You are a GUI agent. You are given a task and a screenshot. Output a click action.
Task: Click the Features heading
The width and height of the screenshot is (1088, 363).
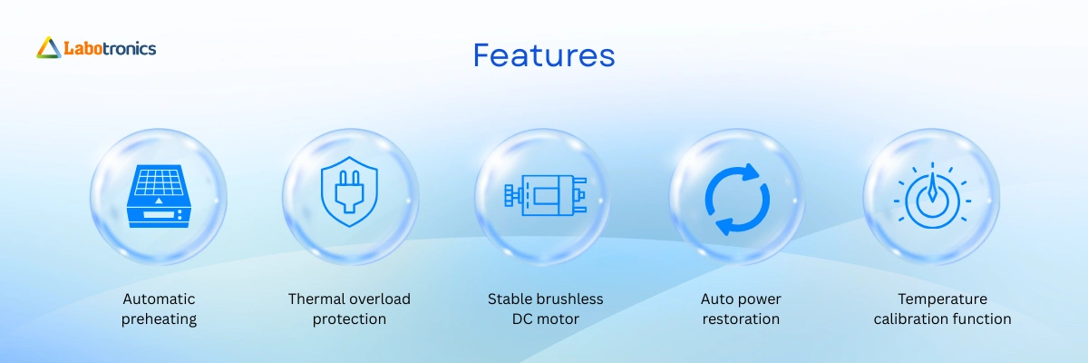point(544,55)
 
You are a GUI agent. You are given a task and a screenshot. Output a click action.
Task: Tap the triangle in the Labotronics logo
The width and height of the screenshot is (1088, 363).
point(49,48)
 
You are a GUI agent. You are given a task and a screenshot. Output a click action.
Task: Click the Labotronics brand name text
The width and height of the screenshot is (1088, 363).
point(111,48)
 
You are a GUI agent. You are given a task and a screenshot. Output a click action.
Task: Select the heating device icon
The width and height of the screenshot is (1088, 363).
point(159,196)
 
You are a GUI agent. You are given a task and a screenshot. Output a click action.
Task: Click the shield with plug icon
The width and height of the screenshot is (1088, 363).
point(349,191)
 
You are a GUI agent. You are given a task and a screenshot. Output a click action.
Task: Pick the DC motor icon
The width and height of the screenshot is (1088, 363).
point(546,195)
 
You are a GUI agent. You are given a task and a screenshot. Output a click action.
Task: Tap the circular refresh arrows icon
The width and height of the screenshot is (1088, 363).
point(737,200)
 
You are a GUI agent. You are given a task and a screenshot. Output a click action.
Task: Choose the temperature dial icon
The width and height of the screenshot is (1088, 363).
point(932,196)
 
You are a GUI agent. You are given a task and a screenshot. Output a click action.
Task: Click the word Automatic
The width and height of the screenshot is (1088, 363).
point(159,299)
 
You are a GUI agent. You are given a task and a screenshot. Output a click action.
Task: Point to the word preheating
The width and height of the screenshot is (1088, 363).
point(159,319)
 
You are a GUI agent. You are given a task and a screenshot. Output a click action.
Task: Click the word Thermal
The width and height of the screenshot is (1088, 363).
point(318,299)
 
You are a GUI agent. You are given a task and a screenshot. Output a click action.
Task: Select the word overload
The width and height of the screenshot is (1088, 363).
point(382,299)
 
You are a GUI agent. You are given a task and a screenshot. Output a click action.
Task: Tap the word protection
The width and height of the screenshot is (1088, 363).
point(349,319)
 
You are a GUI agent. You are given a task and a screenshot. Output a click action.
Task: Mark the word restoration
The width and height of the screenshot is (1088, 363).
point(741,319)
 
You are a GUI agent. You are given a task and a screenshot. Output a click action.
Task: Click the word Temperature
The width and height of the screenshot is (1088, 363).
point(942,299)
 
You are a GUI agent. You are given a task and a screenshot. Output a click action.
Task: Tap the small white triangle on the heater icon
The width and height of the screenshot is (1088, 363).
point(159,201)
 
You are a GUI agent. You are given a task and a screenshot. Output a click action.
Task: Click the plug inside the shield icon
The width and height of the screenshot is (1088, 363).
point(349,191)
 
